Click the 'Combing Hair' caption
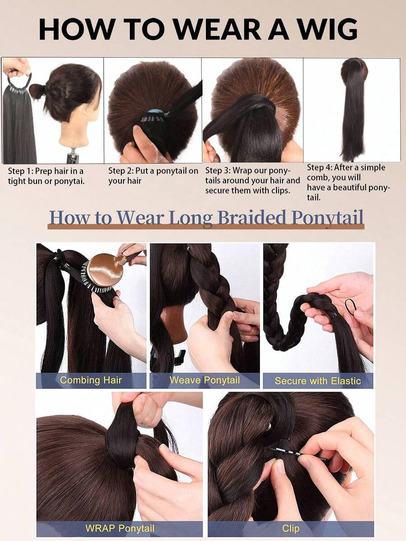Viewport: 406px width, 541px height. click(x=91, y=380)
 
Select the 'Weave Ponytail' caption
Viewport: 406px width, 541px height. click(x=204, y=380)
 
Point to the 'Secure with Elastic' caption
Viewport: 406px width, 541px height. click(x=318, y=381)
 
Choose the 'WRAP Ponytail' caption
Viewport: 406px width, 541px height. click(x=120, y=528)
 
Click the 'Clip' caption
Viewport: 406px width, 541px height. click(x=291, y=528)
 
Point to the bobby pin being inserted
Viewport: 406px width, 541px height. click(x=298, y=454)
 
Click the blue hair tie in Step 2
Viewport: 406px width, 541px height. click(x=157, y=112)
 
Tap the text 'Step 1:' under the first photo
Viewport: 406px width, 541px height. click(x=21, y=171)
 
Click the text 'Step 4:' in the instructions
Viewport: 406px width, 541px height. click(x=319, y=167)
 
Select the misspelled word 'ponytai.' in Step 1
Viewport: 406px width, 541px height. click(x=69, y=181)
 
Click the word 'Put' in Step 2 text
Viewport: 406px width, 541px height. click(x=142, y=171)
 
